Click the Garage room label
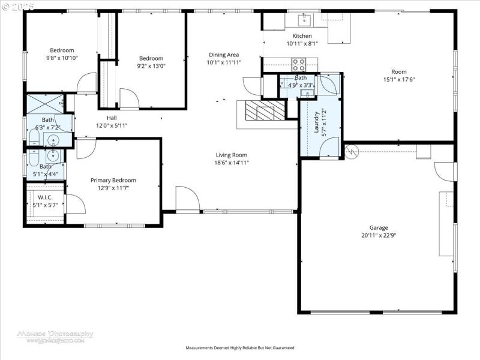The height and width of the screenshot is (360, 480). pyautogui.click(x=379, y=227)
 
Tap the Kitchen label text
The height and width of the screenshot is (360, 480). pyautogui.click(x=302, y=36)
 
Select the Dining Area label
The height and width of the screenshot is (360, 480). pyautogui.click(x=224, y=55)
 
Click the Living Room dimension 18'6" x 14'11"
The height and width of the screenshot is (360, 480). pyautogui.click(x=232, y=163)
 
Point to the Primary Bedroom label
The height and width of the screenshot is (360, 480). pyautogui.click(x=113, y=180)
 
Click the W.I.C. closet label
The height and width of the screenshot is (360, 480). pyautogui.click(x=46, y=197)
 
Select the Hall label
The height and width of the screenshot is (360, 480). pyautogui.click(x=112, y=118)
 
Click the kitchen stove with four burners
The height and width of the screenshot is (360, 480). pyautogui.click(x=299, y=62)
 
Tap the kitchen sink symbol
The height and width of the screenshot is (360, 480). pyautogui.click(x=304, y=22)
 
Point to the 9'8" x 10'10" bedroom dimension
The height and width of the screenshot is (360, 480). pyautogui.click(x=62, y=58)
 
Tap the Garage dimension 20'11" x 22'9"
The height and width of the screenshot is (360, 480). pyautogui.click(x=379, y=235)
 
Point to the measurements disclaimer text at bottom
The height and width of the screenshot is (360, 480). pyautogui.click(x=240, y=347)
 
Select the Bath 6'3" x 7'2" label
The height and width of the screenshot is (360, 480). pyautogui.click(x=48, y=124)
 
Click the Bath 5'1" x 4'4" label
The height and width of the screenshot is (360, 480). pyautogui.click(x=46, y=170)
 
